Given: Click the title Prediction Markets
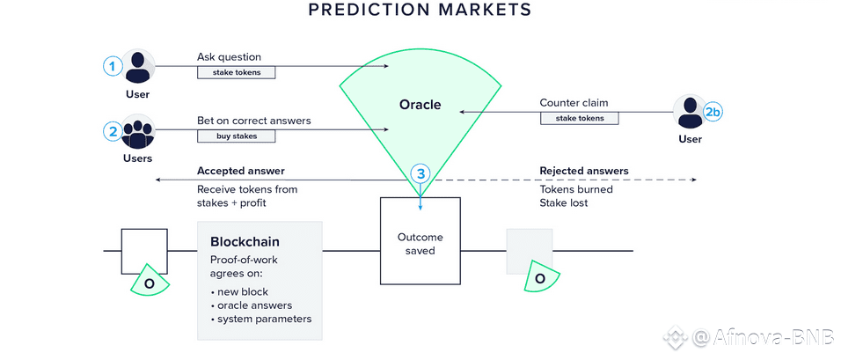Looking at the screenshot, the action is (x=420, y=11).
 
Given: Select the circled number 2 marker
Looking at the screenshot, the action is (x=112, y=132).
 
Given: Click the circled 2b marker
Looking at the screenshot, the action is (x=713, y=112).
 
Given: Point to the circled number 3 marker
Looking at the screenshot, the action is (x=420, y=174).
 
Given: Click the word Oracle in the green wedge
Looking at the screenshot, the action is (x=420, y=106).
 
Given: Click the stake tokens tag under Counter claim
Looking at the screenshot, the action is (x=578, y=118).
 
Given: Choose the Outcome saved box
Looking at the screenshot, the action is (x=420, y=241).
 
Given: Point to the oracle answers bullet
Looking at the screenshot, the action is (x=256, y=305).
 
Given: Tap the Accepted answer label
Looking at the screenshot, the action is (x=240, y=171).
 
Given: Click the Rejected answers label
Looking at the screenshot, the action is (x=583, y=171).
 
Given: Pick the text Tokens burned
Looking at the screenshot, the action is (x=576, y=188).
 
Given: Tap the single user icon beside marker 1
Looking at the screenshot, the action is (x=137, y=67).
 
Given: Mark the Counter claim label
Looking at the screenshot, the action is (x=573, y=103).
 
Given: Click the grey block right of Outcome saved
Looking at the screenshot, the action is (x=529, y=251).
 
